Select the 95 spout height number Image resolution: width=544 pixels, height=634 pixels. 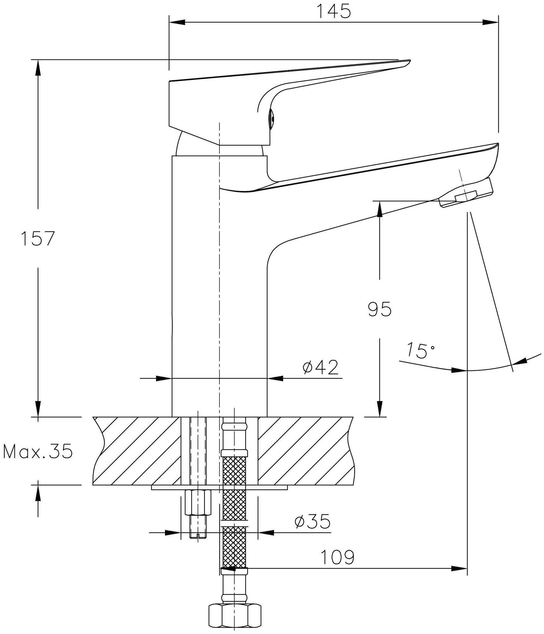(x=380, y=309)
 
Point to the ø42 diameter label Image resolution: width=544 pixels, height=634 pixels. (x=320, y=367)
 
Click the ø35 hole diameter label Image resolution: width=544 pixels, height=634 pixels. (x=313, y=521)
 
